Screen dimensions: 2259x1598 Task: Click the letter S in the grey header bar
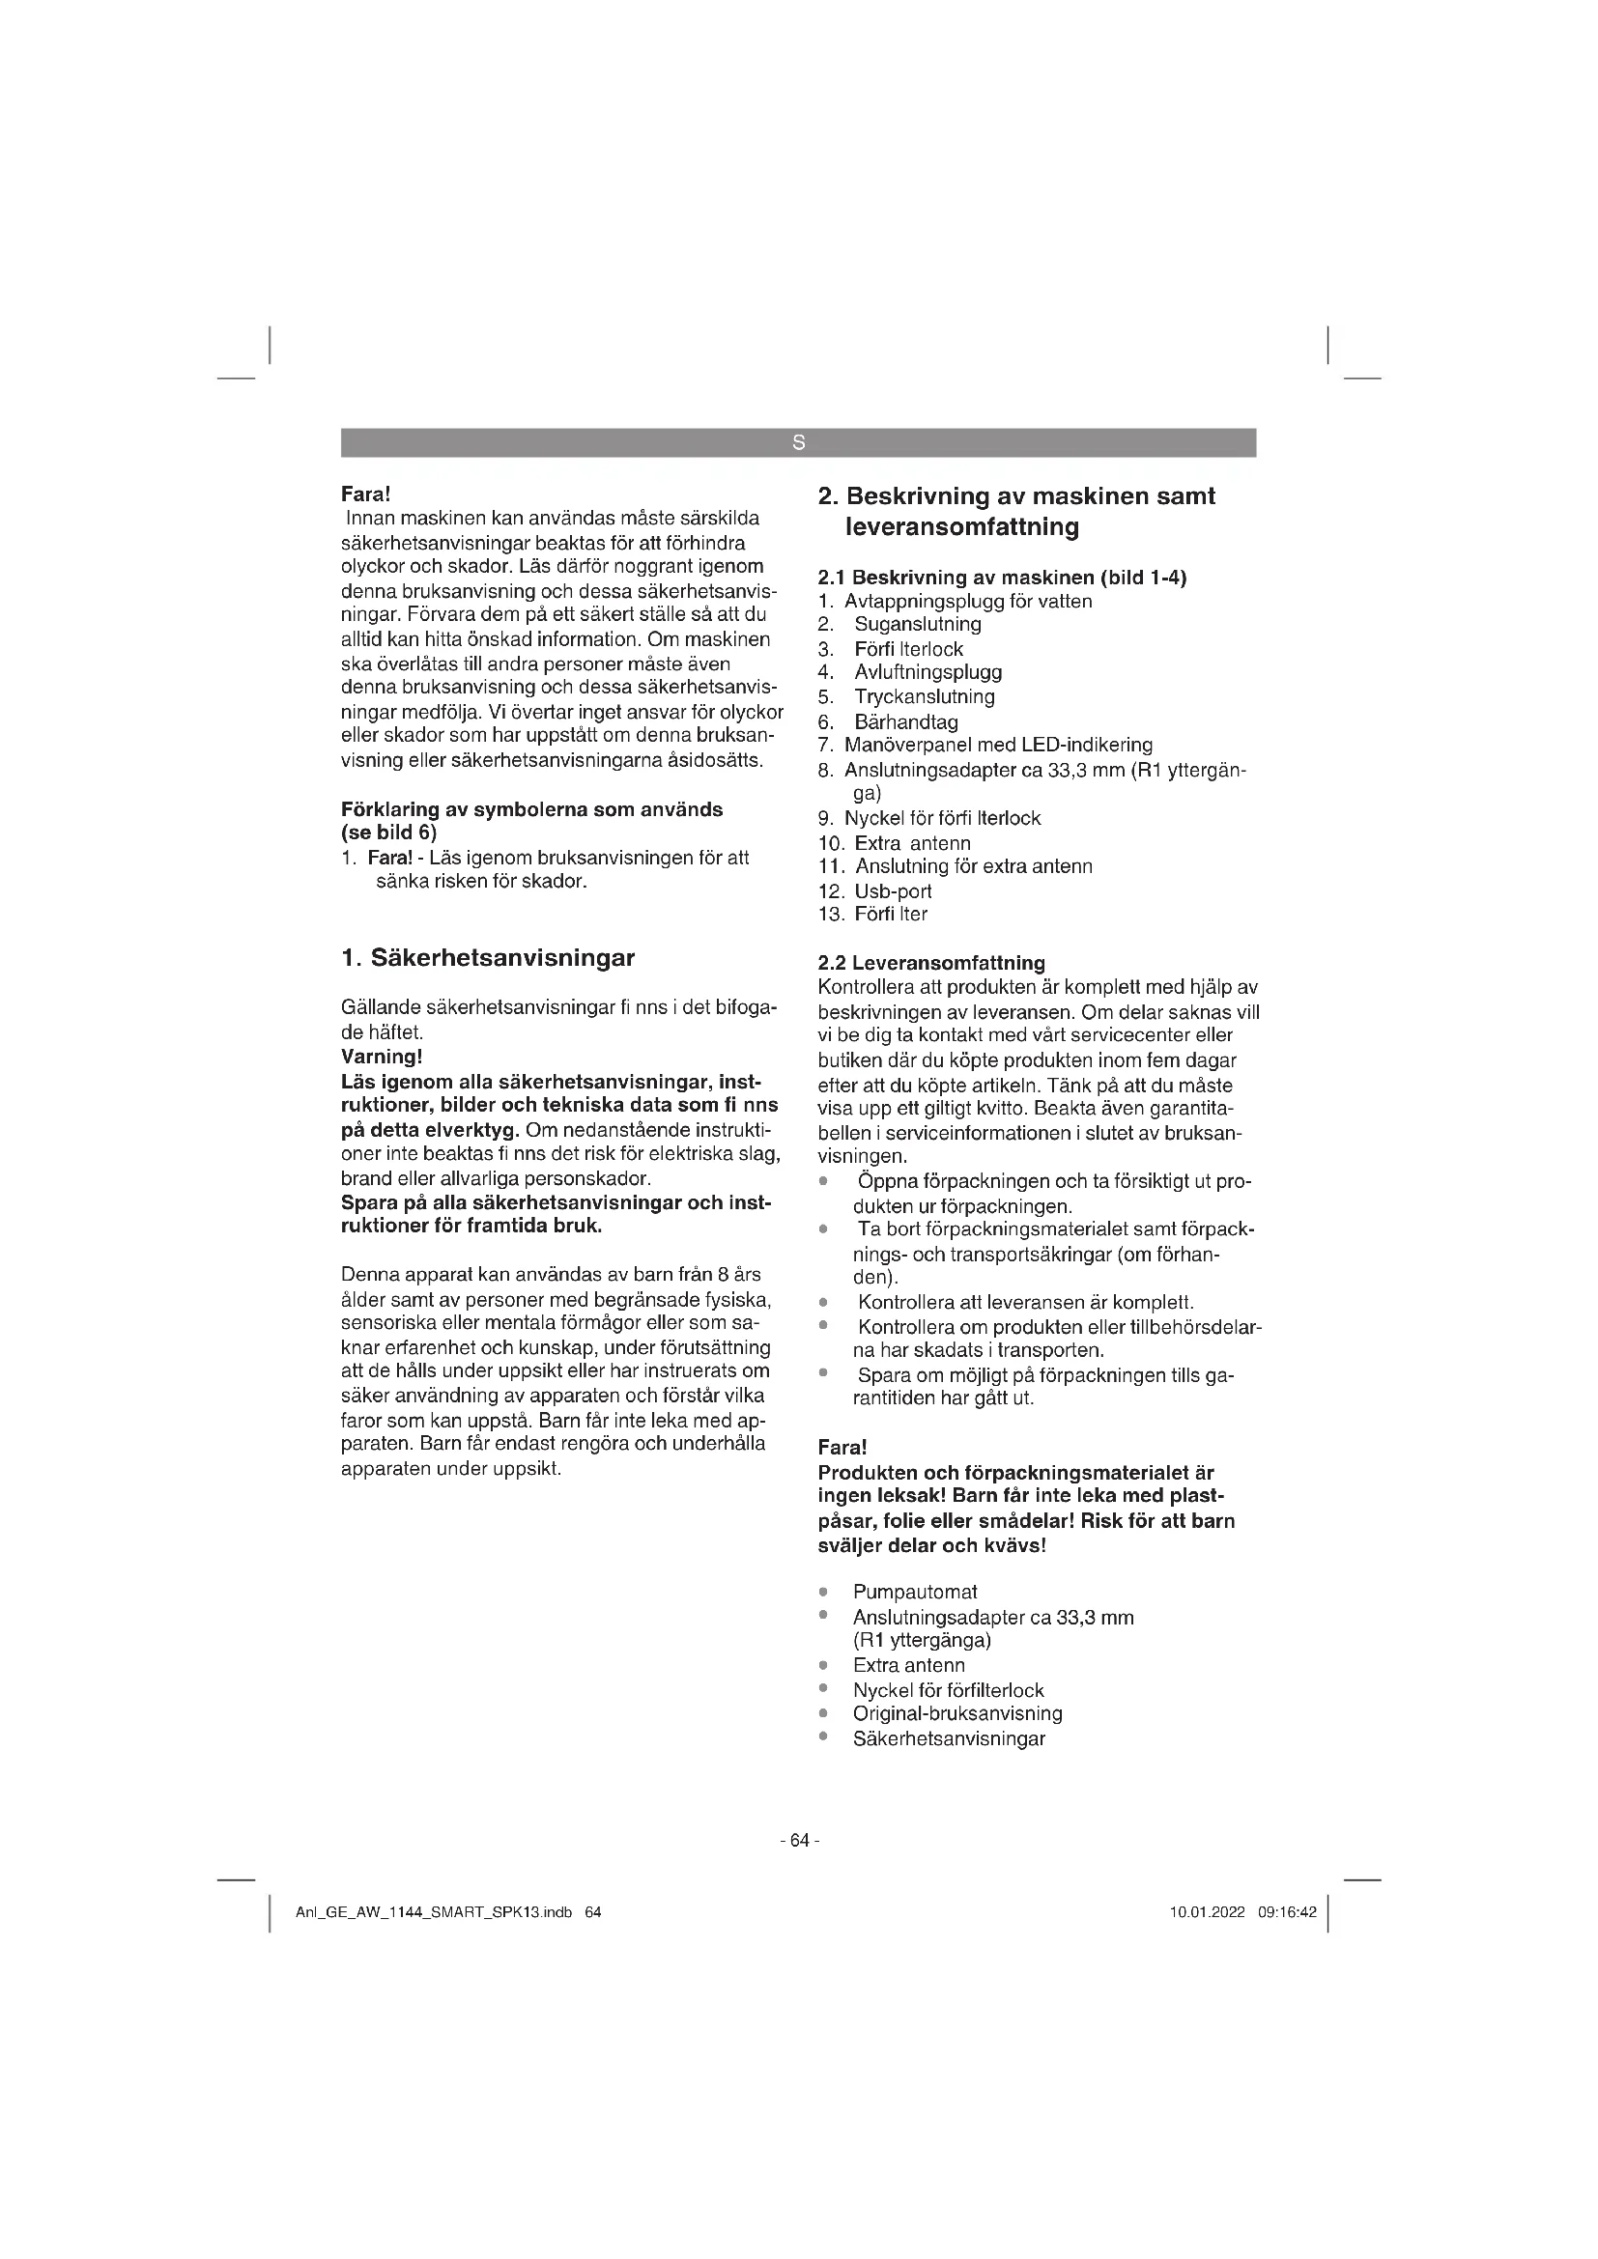point(798,442)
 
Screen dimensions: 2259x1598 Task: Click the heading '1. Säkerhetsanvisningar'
point(487,957)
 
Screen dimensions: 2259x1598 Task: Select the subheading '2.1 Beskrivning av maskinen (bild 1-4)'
point(1002,577)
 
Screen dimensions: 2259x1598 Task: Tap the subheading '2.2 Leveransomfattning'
point(930,962)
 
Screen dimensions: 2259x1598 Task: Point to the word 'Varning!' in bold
point(381,1057)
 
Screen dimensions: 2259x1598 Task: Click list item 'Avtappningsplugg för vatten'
point(967,601)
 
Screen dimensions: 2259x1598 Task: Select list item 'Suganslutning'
point(917,624)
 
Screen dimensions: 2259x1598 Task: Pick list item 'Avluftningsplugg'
point(927,672)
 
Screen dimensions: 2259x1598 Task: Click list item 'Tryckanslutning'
point(924,696)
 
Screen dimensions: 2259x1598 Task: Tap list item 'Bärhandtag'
point(905,721)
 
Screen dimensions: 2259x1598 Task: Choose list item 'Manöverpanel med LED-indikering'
point(998,745)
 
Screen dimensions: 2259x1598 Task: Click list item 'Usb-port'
point(893,890)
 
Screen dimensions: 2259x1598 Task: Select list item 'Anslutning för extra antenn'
point(973,865)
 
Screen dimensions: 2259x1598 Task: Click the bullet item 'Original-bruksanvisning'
point(956,1713)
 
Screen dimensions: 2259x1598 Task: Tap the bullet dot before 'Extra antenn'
point(822,1665)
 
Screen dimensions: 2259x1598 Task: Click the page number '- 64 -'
point(798,1840)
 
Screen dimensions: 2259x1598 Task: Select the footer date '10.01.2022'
point(1207,1912)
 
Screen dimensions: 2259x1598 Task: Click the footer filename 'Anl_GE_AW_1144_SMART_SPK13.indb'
point(434,1912)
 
